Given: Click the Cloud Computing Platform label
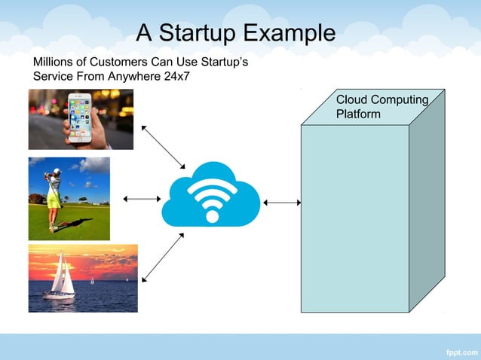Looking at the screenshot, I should pyautogui.click(x=381, y=107).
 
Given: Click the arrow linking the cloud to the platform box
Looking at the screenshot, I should pyautogui.click(x=283, y=202).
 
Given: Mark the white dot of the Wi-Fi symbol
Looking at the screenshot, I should pyautogui.click(x=212, y=216).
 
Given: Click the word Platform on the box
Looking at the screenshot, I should pyautogui.click(x=358, y=114).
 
